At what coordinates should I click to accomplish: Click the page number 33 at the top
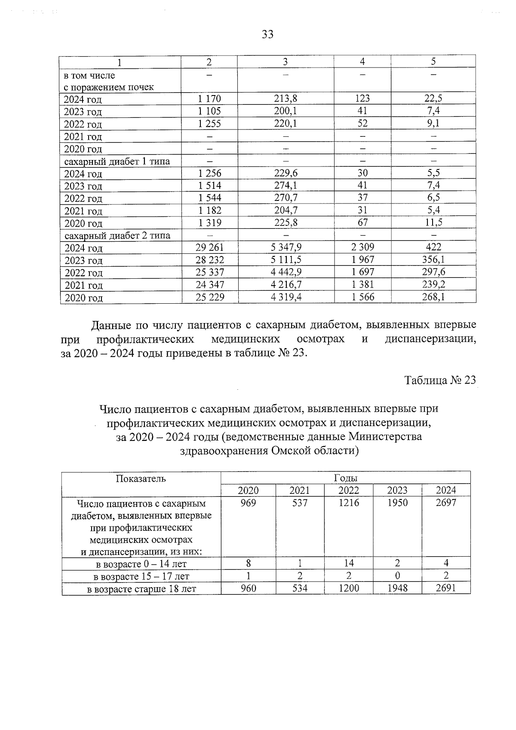click(267, 34)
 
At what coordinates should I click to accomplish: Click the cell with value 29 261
click(209, 247)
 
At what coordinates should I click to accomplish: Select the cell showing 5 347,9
click(286, 247)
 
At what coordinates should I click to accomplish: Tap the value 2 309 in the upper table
click(362, 247)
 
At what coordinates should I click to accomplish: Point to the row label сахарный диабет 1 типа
click(117, 162)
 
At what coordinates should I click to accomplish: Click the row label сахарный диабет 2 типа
click(117, 236)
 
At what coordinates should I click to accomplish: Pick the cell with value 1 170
click(209, 99)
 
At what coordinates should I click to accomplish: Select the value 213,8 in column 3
click(286, 99)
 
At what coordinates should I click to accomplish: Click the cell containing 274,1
click(286, 185)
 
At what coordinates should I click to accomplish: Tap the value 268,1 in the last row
click(433, 297)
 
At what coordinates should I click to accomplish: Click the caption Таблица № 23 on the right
click(440, 380)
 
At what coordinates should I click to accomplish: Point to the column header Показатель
click(141, 478)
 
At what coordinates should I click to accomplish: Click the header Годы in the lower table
click(345, 478)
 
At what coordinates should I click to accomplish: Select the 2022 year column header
click(349, 490)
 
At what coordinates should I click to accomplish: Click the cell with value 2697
click(446, 502)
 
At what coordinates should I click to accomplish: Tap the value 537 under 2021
click(300, 502)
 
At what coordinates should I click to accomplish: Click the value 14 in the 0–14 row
click(349, 563)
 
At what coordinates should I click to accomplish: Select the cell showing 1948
click(397, 588)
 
